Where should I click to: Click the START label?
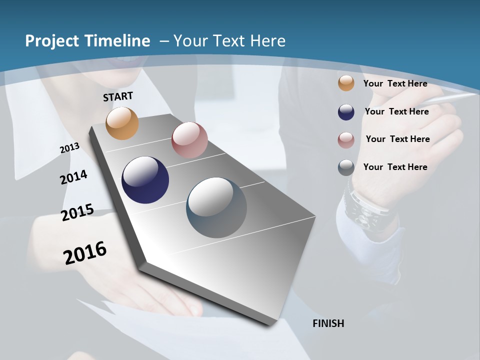click(118, 96)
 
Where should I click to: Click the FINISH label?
click(328, 323)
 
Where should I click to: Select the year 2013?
click(69, 148)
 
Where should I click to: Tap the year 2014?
click(73, 177)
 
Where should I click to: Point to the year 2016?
click(85, 253)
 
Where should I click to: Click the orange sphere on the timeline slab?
click(122, 123)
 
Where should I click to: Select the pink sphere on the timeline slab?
click(189, 140)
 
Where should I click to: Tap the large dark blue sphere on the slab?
click(145, 180)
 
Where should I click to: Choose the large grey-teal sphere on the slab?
click(216, 207)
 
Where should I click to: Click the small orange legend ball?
click(346, 83)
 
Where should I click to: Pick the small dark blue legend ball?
click(346, 112)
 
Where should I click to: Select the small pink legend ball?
click(346, 140)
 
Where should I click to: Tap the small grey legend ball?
click(346, 167)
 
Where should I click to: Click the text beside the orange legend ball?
click(395, 83)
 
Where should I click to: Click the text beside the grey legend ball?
click(395, 167)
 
